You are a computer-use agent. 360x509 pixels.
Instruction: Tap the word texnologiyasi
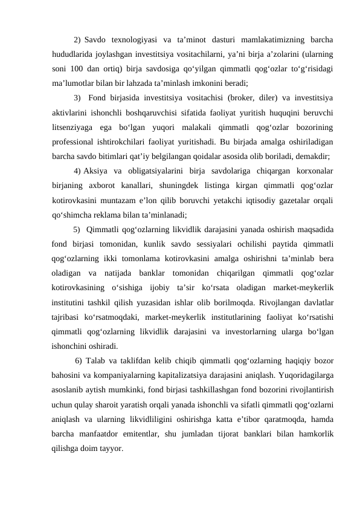[x=129, y=41]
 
